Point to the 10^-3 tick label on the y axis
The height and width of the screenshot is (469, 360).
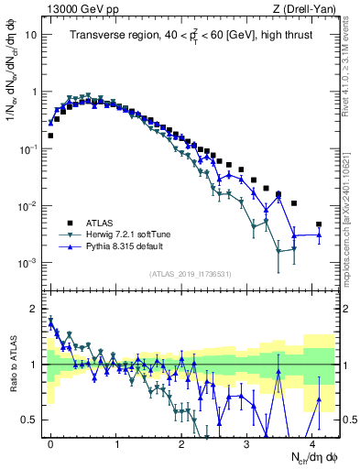(27, 263)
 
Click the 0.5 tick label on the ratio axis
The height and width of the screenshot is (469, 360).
(28, 420)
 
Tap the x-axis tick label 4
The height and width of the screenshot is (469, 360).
(312, 442)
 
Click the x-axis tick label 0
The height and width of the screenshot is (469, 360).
(50, 442)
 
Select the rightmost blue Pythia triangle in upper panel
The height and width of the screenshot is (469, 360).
(319, 235)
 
